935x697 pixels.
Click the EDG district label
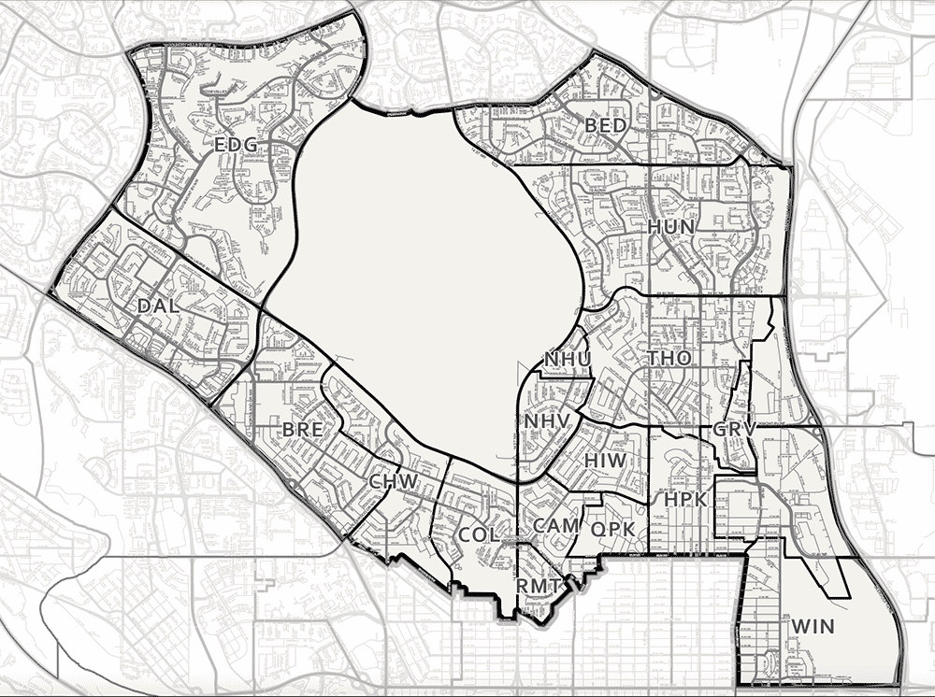[236, 145]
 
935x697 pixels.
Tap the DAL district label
[157, 306]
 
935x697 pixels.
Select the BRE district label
[302, 430]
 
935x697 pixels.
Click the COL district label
[478, 535]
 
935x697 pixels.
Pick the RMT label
[539, 586]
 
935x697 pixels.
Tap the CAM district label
[555, 526]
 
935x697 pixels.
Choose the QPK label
[613, 529]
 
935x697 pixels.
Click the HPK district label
[686, 500]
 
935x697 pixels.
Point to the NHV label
[547, 421]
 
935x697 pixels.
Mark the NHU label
[566, 359]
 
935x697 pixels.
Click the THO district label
[669, 358]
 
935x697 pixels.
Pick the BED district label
[605, 125]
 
